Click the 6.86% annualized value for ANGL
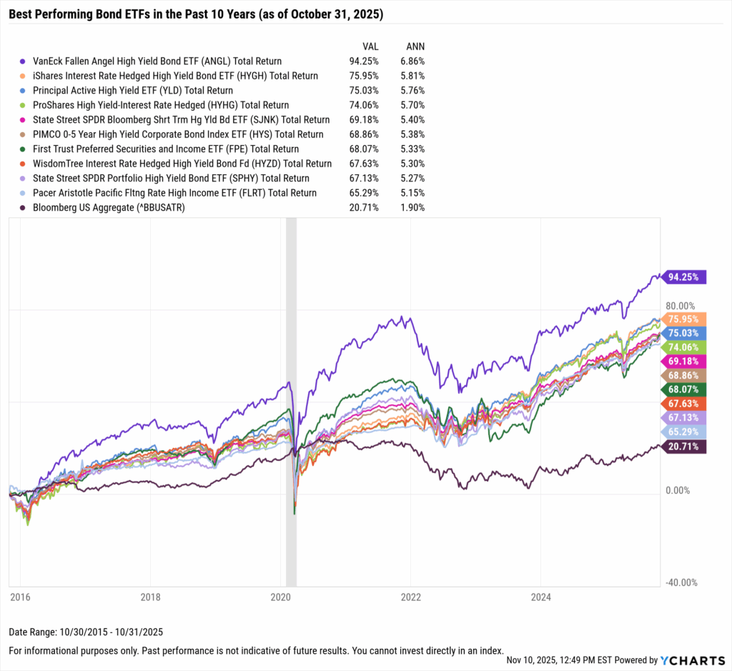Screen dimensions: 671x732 (412, 61)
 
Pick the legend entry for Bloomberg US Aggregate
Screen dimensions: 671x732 (115, 207)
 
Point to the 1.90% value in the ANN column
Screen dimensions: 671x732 (412, 207)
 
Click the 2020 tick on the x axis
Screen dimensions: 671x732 (280, 597)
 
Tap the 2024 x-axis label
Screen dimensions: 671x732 (540, 597)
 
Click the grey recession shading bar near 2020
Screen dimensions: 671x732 (291, 400)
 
